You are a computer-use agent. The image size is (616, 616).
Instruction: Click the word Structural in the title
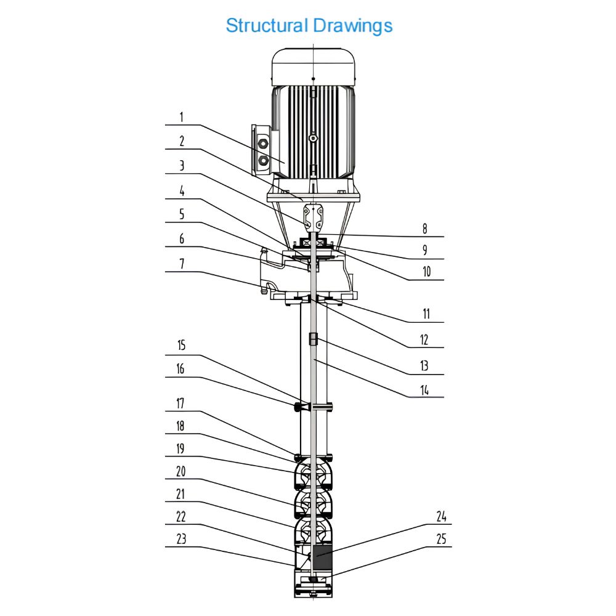[x=266, y=25]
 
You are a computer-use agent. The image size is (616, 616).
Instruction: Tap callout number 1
[x=181, y=117]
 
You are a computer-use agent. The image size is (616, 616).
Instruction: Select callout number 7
[x=182, y=264]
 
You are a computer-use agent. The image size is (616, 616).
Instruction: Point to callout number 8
[x=424, y=229]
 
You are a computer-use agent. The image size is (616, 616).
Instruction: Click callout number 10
[x=427, y=272]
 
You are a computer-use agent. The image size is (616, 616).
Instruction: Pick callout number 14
[x=424, y=390]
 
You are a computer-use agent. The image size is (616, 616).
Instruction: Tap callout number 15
[x=181, y=345]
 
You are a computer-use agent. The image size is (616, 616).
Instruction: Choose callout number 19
[x=180, y=448]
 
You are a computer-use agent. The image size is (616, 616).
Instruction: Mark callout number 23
[x=181, y=539]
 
